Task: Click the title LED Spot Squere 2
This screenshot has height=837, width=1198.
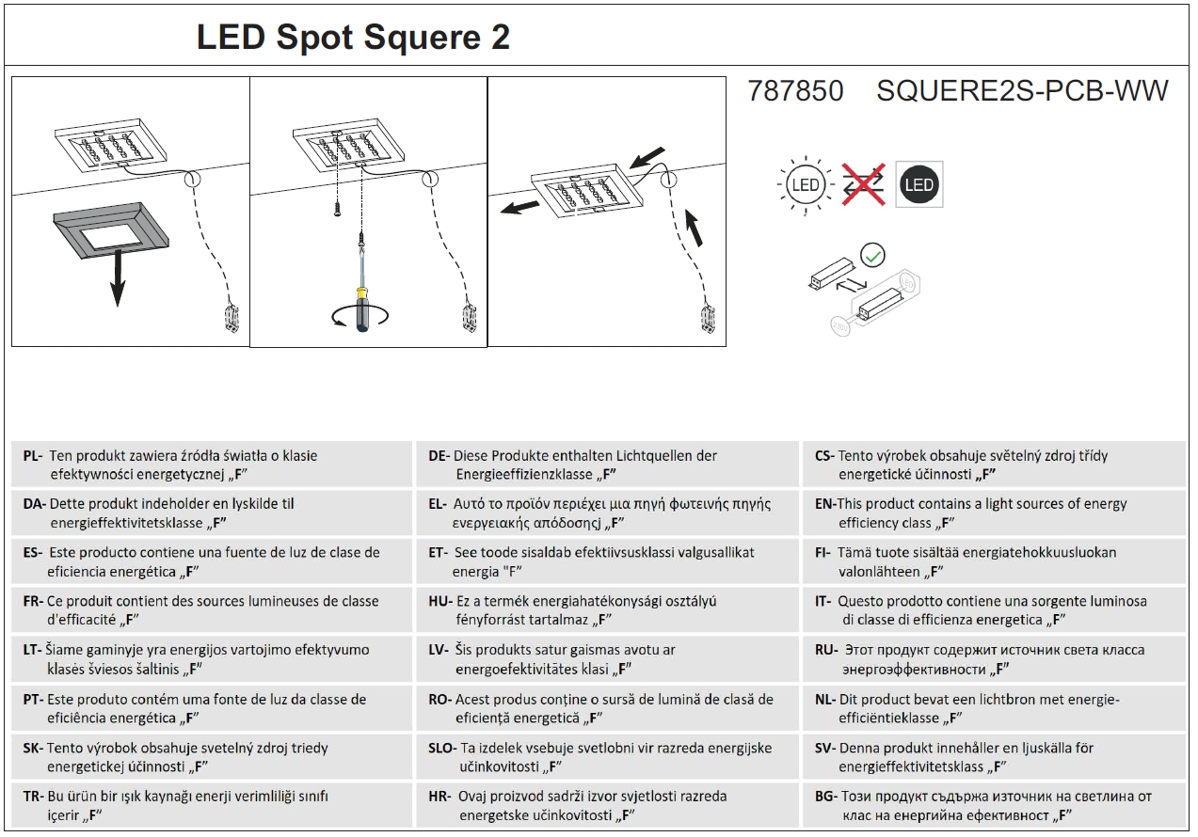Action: (353, 38)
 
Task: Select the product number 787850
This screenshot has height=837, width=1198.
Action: (795, 91)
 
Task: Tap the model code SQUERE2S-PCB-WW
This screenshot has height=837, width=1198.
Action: (1022, 91)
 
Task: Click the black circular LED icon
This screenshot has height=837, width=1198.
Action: (918, 184)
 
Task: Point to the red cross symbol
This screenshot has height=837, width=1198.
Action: (863, 184)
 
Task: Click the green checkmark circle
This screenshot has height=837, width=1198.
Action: (873, 254)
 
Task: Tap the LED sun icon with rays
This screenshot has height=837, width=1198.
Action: (806, 184)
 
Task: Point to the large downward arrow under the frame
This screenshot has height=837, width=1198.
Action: (116, 282)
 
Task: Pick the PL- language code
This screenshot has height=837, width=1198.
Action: (33, 456)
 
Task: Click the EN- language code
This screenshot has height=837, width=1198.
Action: (825, 504)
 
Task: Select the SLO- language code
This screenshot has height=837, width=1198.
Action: (442, 749)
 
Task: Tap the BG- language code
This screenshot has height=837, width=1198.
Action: (825, 797)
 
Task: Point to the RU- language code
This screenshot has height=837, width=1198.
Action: (825, 650)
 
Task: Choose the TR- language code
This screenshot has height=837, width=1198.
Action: (33, 797)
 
